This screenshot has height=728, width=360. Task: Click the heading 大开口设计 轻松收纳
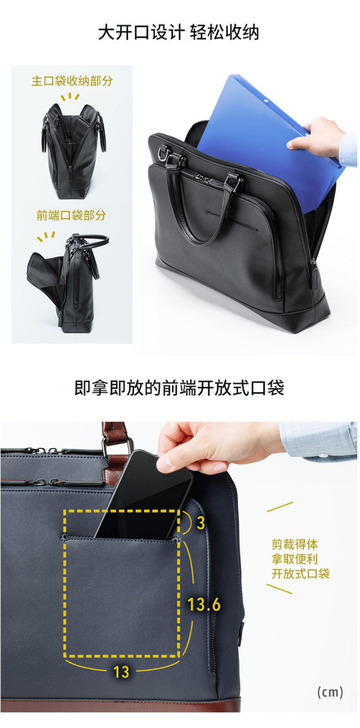pos(178,33)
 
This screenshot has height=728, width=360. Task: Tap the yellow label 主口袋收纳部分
pos(72,81)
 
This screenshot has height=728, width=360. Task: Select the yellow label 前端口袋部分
pos(71,215)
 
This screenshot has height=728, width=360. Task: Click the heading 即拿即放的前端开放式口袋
pos(180,388)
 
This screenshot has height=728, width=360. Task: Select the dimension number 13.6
pos(204,604)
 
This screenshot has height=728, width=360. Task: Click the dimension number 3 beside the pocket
pos(201,523)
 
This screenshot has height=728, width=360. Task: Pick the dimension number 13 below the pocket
pos(121,672)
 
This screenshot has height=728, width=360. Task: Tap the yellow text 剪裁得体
pos(295,544)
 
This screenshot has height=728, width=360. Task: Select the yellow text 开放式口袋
pos(301,574)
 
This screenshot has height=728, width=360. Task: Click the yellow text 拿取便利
pos(295,559)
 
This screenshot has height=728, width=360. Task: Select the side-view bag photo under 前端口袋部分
pos(67,280)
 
